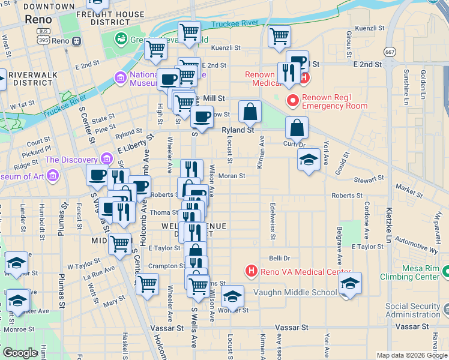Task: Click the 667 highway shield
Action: [391, 52]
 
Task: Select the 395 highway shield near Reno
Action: [44, 40]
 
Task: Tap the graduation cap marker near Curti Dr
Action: [309, 160]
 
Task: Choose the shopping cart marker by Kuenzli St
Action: [279, 37]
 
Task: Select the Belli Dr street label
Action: [279, 258]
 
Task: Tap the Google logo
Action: [20, 353]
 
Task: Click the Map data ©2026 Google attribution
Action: [412, 355]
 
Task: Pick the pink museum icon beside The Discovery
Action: [107, 159]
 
